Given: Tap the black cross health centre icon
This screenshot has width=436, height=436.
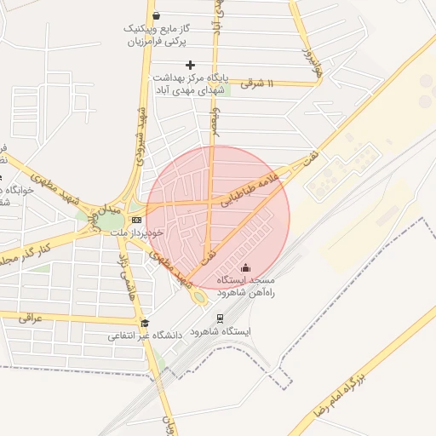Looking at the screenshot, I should coord(190,65).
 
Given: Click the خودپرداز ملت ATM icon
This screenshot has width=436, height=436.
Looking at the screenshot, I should coord(136,220).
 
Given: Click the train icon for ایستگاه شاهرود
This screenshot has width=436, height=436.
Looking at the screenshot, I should coord(221,318).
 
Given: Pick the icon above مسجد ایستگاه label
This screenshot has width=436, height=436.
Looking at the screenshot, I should coord(246,268).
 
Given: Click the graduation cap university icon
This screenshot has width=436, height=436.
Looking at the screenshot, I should coord(145,323).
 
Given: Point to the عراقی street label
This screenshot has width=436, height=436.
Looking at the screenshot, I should coord(30,318).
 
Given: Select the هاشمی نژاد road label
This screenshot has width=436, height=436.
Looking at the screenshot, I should coord(127,277).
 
